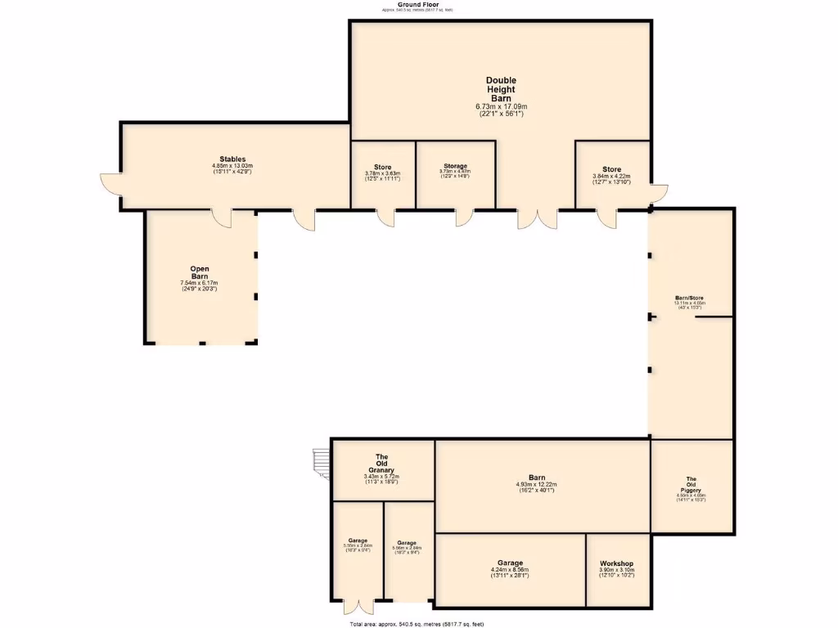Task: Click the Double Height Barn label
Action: [x=501, y=89]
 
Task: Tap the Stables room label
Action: [x=232, y=159]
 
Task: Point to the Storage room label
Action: [x=455, y=166]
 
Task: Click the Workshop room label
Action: [x=616, y=564]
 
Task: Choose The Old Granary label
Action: [x=381, y=463]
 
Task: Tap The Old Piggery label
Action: [x=691, y=483]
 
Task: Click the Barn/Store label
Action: [x=689, y=298]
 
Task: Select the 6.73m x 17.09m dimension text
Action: [x=501, y=107]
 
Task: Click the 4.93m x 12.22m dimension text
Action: [x=537, y=485]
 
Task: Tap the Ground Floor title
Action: [x=416, y=5]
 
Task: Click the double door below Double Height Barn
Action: [x=537, y=219]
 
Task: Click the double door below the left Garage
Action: [x=357, y=608]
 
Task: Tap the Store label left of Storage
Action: [x=382, y=167]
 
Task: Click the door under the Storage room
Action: [x=464, y=218]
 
